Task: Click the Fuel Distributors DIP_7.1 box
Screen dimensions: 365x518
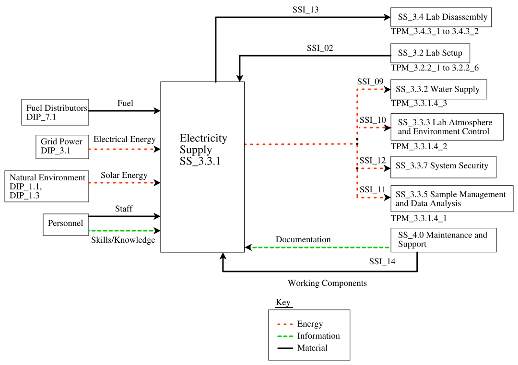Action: pyautogui.click(x=55, y=112)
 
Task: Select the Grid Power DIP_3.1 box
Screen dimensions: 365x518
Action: pyautogui.click(x=62, y=147)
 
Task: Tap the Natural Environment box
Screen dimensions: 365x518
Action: pyautogui.click(x=46, y=186)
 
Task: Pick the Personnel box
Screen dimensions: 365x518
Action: pyautogui.click(x=66, y=224)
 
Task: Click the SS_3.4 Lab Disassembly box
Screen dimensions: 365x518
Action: pyautogui.click(x=441, y=17)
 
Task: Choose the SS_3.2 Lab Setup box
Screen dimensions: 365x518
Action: pyautogui.click(x=430, y=53)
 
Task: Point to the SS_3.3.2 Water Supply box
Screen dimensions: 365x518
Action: pyautogui.click(x=438, y=90)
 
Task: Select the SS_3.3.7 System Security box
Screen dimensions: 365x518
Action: pyautogui.click(x=443, y=166)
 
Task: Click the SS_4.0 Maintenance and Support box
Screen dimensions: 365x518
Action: pyautogui.click(x=443, y=240)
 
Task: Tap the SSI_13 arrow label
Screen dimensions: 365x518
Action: pyautogui.click(x=306, y=10)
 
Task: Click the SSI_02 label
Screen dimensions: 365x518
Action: pyautogui.click(x=320, y=48)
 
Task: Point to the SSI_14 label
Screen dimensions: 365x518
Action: pyautogui.click(x=382, y=262)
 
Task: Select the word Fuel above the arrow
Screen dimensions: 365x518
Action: pyautogui.click(x=125, y=103)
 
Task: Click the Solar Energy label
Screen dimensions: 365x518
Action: pyautogui.click(x=124, y=176)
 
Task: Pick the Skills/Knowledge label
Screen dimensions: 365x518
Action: pyautogui.click(x=123, y=240)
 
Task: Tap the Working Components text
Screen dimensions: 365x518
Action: pyautogui.click(x=327, y=283)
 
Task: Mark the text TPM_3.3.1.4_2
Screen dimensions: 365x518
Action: pyautogui.click(x=419, y=146)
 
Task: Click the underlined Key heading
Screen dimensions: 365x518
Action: pyautogui.click(x=283, y=303)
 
